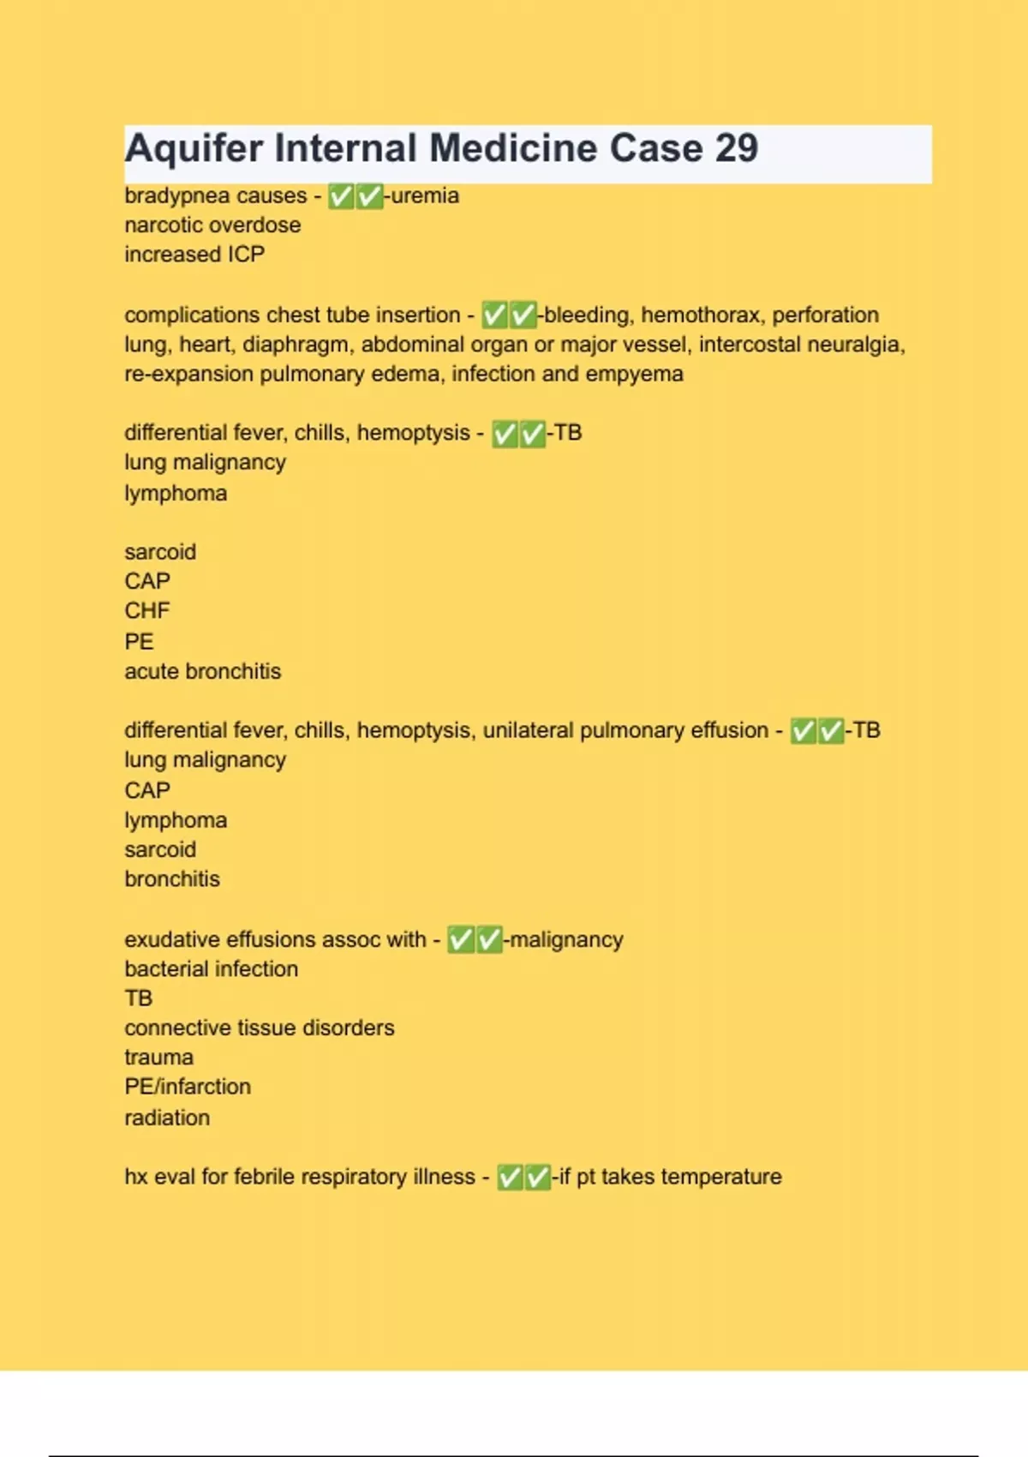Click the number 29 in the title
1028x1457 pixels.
(736, 148)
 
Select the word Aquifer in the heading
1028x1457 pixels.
(194, 148)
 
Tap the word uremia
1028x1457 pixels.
(425, 195)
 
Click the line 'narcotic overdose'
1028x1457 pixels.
(212, 225)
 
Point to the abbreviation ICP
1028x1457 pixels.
(246, 255)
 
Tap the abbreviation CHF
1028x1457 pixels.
(147, 610)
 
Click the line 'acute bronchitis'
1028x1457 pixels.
(202, 671)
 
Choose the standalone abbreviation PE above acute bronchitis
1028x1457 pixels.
(139, 641)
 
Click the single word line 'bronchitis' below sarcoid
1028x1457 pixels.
(172, 878)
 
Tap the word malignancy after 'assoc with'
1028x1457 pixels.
(566, 939)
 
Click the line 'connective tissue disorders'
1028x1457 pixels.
(259, 1028)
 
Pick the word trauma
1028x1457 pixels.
(158, 1057)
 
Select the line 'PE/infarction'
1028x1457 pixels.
(188, 1087)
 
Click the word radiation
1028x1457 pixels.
(167, 1118)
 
